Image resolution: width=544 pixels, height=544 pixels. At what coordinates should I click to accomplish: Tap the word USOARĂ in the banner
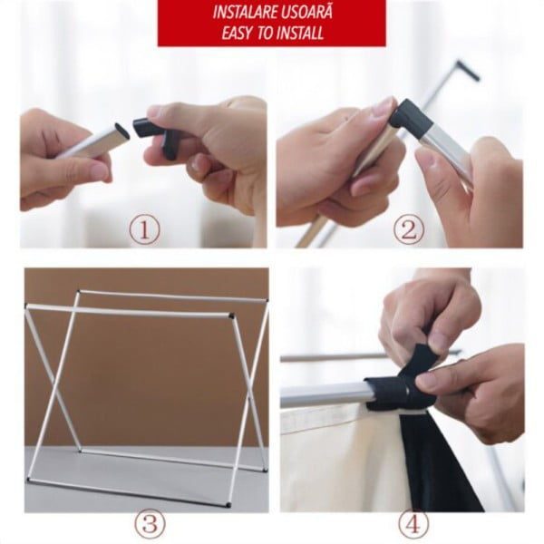click(x=306, y=12)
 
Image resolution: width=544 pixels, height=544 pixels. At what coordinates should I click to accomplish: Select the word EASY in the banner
click(x=237, y=34)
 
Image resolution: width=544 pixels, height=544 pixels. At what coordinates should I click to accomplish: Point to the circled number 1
click(x=145, y=230)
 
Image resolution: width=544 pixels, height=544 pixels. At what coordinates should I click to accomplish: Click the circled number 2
click(x=409, y=229)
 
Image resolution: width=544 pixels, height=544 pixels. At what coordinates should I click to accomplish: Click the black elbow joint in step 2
click(x=411, y=118)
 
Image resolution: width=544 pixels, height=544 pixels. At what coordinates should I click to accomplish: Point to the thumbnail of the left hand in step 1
click(x=99, y=170)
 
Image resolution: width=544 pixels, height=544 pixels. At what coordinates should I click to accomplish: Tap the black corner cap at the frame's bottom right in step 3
click(x=228, y=505)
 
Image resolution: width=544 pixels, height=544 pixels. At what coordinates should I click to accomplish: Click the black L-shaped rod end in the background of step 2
click(x=469, y=71)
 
